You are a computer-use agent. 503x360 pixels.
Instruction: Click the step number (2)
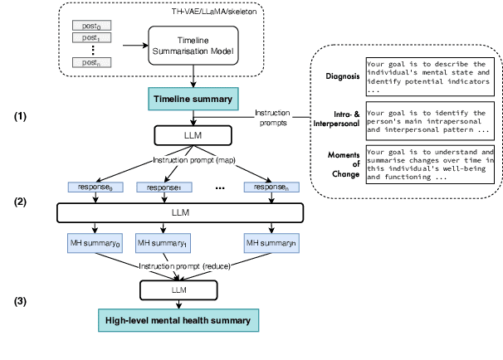(21, 201)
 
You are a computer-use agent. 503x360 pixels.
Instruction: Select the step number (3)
(21, 301)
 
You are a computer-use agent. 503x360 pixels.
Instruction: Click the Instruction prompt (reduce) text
(184, 265)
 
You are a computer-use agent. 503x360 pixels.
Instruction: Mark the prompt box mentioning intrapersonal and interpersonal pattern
(429, 119)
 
